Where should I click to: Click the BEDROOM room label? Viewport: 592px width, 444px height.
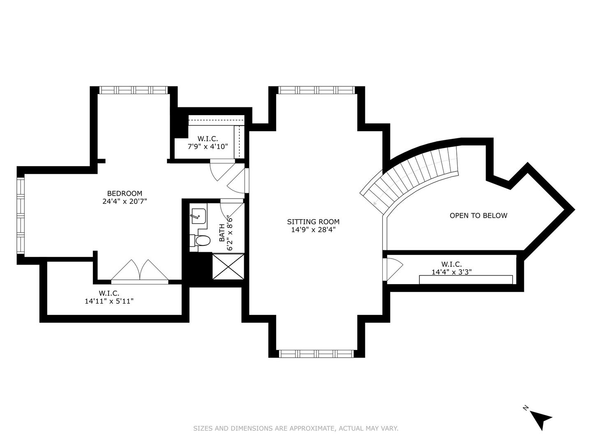point(125,193)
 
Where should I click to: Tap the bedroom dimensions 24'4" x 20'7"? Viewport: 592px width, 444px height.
point(125,201)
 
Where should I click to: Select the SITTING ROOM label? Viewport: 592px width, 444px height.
point(313,222)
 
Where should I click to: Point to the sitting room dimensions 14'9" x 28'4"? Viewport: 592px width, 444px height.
point(313,230)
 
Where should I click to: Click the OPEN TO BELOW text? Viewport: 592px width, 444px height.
point(479,215)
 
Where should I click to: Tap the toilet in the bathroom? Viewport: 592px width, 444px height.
point(200,240)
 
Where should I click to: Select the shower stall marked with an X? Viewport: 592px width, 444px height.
point(228,266)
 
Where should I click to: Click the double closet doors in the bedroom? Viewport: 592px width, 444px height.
point(140,271)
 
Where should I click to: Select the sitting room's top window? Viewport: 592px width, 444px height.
point(317,90)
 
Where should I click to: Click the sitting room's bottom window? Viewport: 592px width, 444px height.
point(316,354)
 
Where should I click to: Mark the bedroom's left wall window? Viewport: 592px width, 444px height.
point(21,215)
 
